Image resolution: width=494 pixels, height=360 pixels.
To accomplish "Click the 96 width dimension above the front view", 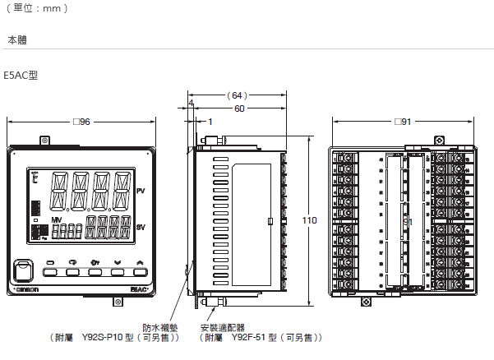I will pos(81,122).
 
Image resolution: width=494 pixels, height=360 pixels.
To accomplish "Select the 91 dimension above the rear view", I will pos(402,122).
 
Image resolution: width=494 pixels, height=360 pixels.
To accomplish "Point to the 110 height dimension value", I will pos(309,220).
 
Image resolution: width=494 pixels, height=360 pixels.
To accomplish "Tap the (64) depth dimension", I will pos(238,95).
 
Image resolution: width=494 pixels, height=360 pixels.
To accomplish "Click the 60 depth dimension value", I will pos(238,108).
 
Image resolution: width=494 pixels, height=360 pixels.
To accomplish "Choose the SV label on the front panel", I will pos(141,227).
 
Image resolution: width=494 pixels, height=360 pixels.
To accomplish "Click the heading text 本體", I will pos(16,39).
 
